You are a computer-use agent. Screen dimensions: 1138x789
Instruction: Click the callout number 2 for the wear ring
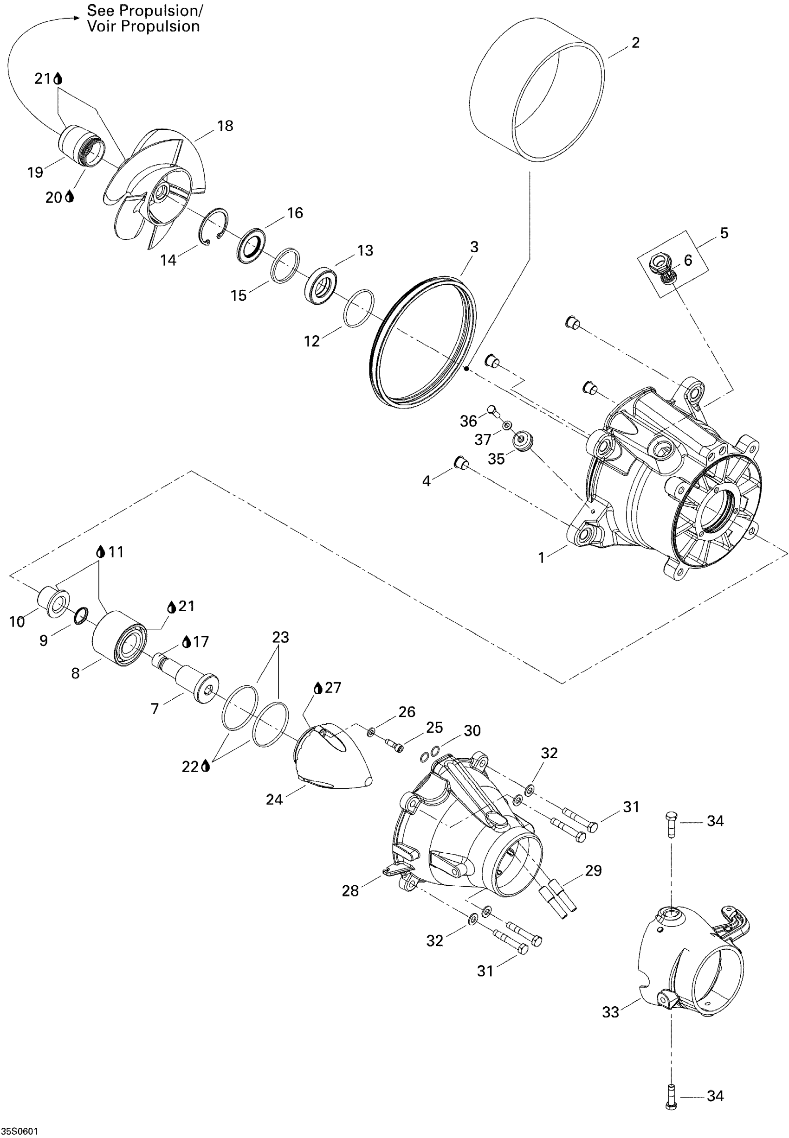(x=636, y=43)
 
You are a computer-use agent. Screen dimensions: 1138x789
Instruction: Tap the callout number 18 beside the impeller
(x=225, y=126)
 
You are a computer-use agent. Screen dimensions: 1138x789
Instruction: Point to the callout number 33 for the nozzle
(x=610, y=1012)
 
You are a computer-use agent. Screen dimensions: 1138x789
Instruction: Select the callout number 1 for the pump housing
(x=541, y=558)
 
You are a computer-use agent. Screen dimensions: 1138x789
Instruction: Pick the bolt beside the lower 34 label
(x=671, y=1099)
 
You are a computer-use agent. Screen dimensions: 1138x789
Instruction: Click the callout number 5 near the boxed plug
(x=724, y=233)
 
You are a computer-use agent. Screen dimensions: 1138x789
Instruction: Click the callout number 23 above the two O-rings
(x=280, y=637)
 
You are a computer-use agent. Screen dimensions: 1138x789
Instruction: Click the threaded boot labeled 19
(x=82, y=147)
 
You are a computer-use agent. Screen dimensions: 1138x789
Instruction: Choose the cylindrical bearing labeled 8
(x=119, y=638)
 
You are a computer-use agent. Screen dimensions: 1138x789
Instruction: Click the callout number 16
(x=295, y=213)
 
